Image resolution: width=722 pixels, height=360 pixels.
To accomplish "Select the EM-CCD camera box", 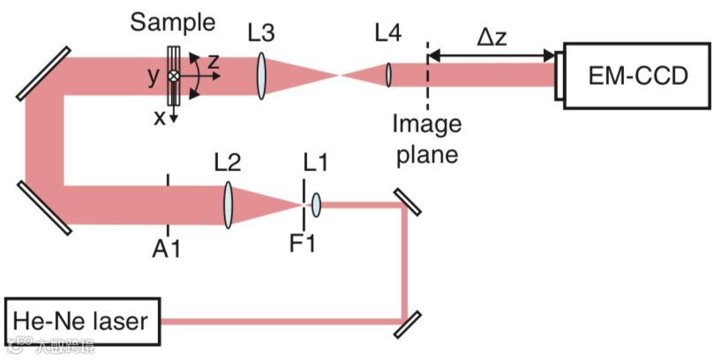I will pyautogui.click(x=636, y=75).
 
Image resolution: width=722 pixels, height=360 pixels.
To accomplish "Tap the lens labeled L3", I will pyautogui.click(x=262, y=75).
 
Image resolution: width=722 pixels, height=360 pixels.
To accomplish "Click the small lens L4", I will pyautogui.click(x=387, y=75).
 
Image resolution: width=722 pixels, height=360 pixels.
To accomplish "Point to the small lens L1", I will pyautogui.click(x=316, y=206).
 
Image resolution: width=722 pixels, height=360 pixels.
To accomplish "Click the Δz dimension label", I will pyautogui.click(x=491, y=38).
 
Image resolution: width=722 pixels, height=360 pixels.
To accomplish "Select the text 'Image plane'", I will pyautogui.click(x=426, y=139).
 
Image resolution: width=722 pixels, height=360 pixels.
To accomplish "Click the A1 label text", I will pyautogui.click(x=166, y=249).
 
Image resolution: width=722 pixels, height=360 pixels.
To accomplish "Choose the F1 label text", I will pyautogui.click(x=303, y=243).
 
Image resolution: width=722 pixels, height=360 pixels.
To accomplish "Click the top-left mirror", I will pyautogui.click(x=42, y=72).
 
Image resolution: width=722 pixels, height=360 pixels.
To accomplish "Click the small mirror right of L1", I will pyautogui.click(x=406, y=202).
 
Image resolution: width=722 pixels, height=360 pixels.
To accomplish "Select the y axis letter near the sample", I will pyautogui.click(x=154, y=76).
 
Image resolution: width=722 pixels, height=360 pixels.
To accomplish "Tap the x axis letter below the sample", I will pyautogui.click(x=159, y=117).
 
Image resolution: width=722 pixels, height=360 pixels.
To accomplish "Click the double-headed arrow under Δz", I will pyautogui.click(x=491, y=58).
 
